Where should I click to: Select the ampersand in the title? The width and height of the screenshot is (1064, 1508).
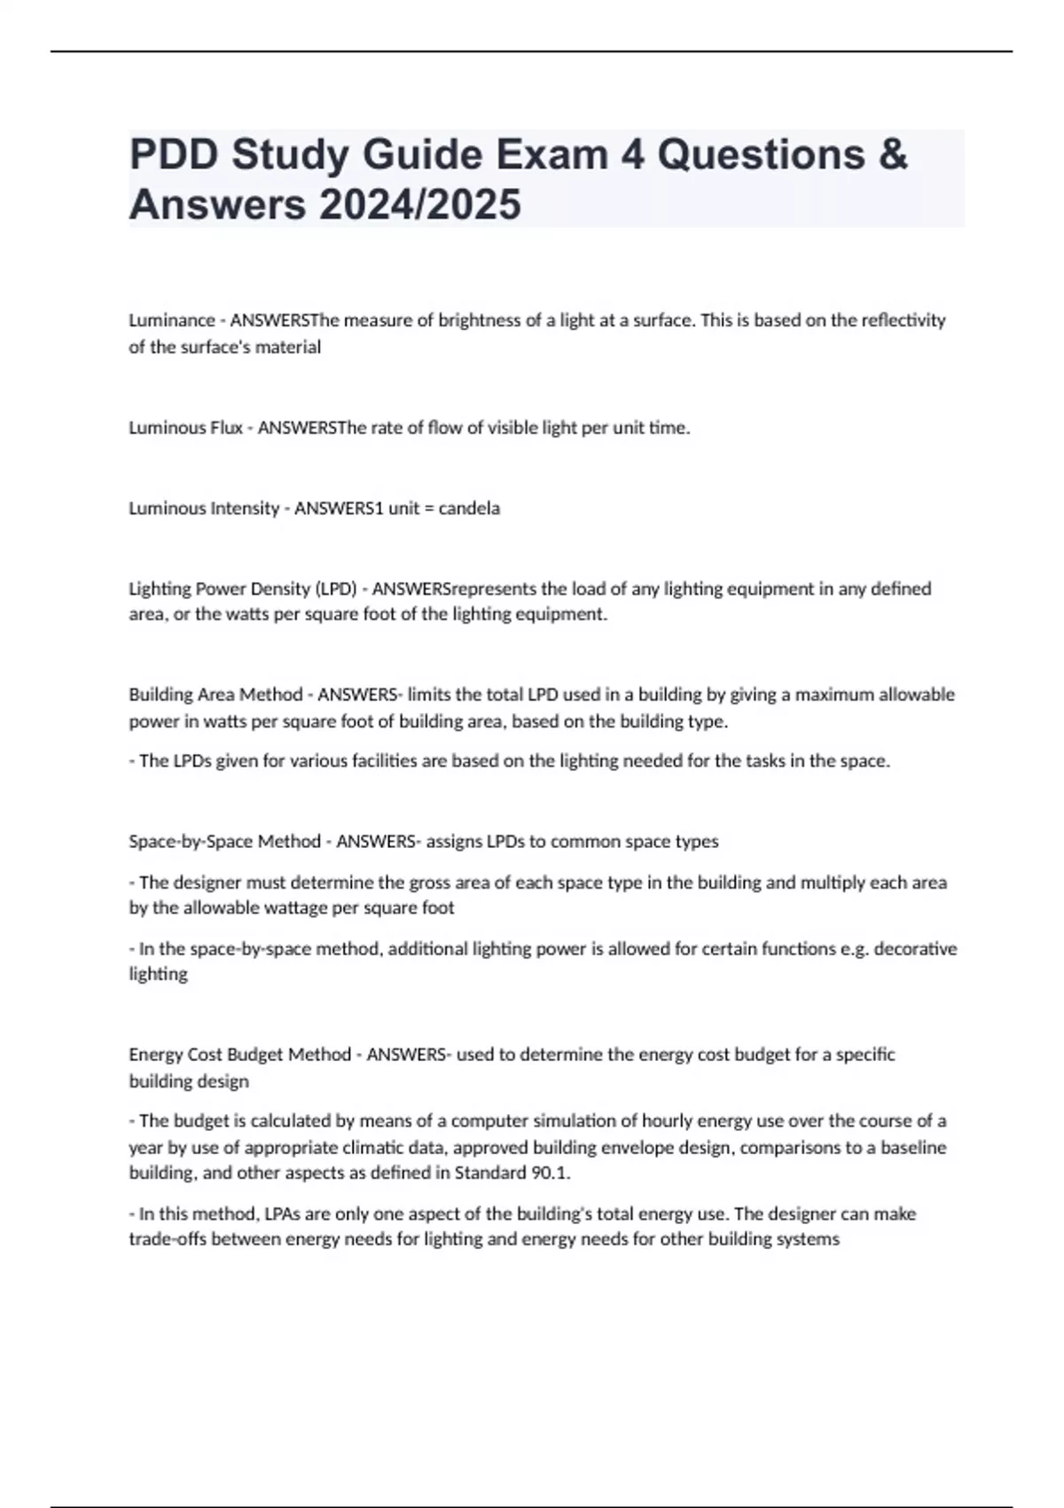tap(894, 155)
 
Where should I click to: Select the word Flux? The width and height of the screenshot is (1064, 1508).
tap(227, 428)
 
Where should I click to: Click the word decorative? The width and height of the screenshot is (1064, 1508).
tap(916, 948)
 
